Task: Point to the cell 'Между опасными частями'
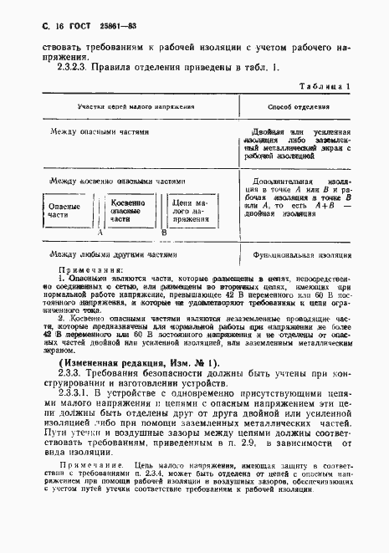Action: (x=99, y=132)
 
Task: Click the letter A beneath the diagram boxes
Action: (x=99, y=235)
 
